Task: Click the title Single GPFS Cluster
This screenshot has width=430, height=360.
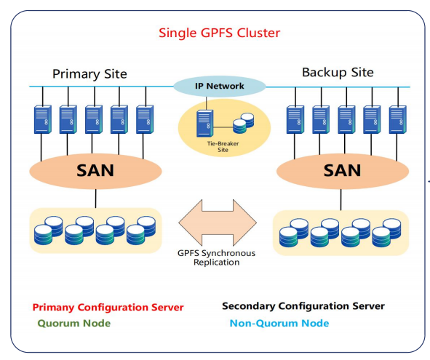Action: coord(220,33)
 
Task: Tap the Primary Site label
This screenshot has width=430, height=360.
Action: coord(89,73)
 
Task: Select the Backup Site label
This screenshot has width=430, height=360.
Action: coord(338,73)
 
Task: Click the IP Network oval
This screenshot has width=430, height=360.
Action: coord(220,86)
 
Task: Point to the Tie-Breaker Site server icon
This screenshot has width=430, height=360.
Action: coord(204,123)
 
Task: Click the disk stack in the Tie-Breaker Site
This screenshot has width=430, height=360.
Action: coord(244,123)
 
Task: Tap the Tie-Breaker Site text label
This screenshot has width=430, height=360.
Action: coord(223,147)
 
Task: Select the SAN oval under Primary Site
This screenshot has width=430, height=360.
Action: coord(95,171)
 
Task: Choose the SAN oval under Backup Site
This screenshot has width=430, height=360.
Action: coord(343,171)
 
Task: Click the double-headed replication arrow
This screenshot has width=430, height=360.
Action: coord(218,223)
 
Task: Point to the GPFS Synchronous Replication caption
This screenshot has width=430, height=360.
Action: coord(216,257)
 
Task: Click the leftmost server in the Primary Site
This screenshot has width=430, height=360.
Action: coord(43,119)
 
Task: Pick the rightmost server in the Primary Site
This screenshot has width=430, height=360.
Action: coord(145,119)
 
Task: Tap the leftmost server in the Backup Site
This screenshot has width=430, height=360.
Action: coord(295,120)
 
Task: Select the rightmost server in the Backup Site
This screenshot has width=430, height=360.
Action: coord(398,120)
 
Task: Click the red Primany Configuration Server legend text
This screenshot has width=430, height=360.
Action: coord(108,308)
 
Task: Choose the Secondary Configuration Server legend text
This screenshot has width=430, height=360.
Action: coord(303,306)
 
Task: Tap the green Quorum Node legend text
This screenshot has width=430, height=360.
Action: coord(74,323)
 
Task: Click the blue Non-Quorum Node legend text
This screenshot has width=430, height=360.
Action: coord(279,323)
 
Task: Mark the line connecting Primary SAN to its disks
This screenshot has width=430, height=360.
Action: coord(96,199)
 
